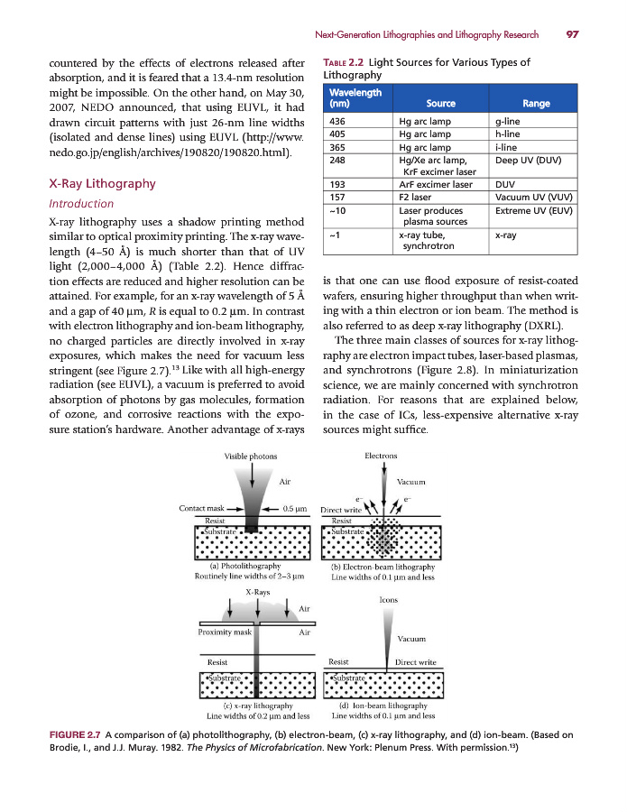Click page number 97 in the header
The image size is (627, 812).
(x=572, y=34)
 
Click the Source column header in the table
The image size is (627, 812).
(x=440, y=104)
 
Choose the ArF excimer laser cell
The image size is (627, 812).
(x=435, y=184)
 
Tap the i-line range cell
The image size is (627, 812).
(x=508, y=147)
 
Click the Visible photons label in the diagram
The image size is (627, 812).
(x=251, y=457)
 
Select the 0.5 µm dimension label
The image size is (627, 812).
(x=297, y=508)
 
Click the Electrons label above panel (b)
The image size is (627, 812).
(x=381, y=457)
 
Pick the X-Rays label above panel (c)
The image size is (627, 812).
(x=258, y=591)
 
